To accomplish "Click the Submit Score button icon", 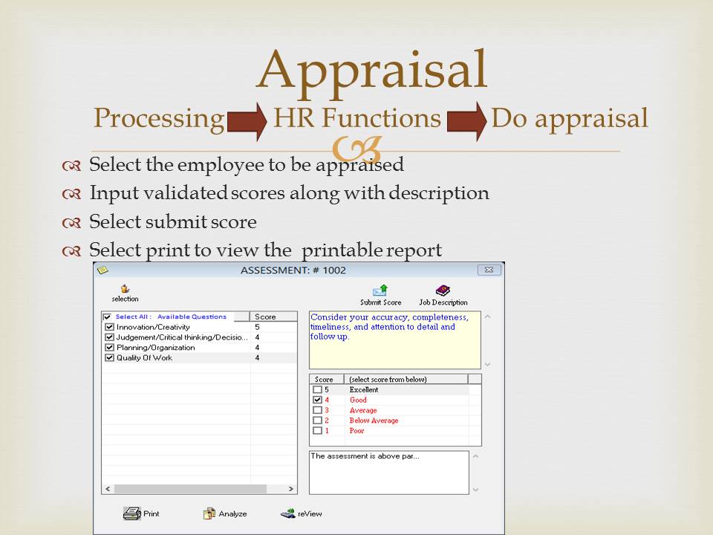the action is point(380,291).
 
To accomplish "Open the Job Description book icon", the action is point(443,291).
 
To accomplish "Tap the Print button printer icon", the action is point(132,513).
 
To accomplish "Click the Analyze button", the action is point(225,513).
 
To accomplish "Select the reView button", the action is point(301,513).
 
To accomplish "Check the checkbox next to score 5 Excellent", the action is point(317,390).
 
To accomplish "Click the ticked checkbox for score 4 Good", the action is point(317,400).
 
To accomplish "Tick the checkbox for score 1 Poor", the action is point(317,430).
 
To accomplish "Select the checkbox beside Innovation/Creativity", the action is point(109,327).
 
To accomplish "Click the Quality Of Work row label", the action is point(144,357).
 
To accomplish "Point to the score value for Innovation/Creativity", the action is point(258,327).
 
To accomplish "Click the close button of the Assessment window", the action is point(489,270).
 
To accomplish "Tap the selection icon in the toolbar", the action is point(125,288).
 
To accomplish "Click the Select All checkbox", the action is point(107,317).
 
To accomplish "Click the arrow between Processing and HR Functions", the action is point(247,121).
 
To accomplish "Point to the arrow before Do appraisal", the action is point(467,121).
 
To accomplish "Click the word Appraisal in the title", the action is point(372,71).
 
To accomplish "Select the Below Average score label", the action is point(374,421).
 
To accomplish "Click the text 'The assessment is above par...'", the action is point(365,455).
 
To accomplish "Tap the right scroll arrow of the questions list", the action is point(290,489).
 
